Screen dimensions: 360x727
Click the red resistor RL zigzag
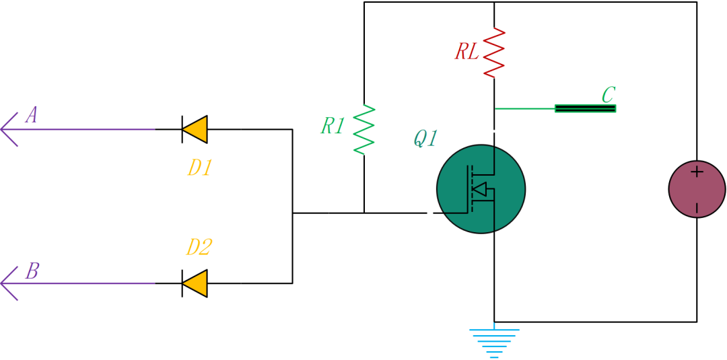[x=494, y=52]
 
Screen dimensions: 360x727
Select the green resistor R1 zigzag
[x=363, y=129]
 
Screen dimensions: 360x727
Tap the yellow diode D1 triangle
[x=195, y=129]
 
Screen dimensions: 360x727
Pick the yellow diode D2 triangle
[x=195, y=283]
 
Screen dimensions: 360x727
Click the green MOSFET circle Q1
[x=481, y=189]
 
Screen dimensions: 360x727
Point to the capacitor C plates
[x=585, y=108]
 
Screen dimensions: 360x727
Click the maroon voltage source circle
[x=697, y=189]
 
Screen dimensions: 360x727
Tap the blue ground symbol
[x=495, y=343]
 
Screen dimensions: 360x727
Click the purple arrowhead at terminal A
[x=9, y=129]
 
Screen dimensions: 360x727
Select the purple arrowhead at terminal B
[x=9, y=283]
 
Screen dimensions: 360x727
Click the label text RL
[x=467, y=52]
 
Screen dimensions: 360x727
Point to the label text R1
[x=333, y=126]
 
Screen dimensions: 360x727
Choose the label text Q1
[x=425, y=139]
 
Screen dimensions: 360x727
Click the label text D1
[x=199, y=168]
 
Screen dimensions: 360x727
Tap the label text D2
[x=199, y=248]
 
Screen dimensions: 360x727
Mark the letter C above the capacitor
[x=608, y=94]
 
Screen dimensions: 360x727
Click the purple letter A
[x=32, y=116]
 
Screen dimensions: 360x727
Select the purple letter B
[x=32, y=271]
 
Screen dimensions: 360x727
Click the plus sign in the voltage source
[x=697, y=172]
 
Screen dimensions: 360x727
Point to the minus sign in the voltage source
[x=697, y=207]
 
